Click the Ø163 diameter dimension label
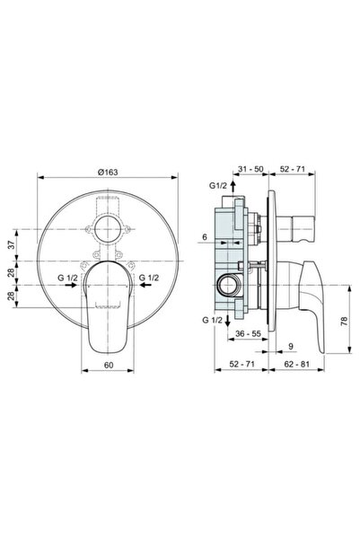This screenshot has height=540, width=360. [x=110, y=168]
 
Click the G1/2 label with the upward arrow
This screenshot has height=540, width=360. [x=218, y=187]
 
